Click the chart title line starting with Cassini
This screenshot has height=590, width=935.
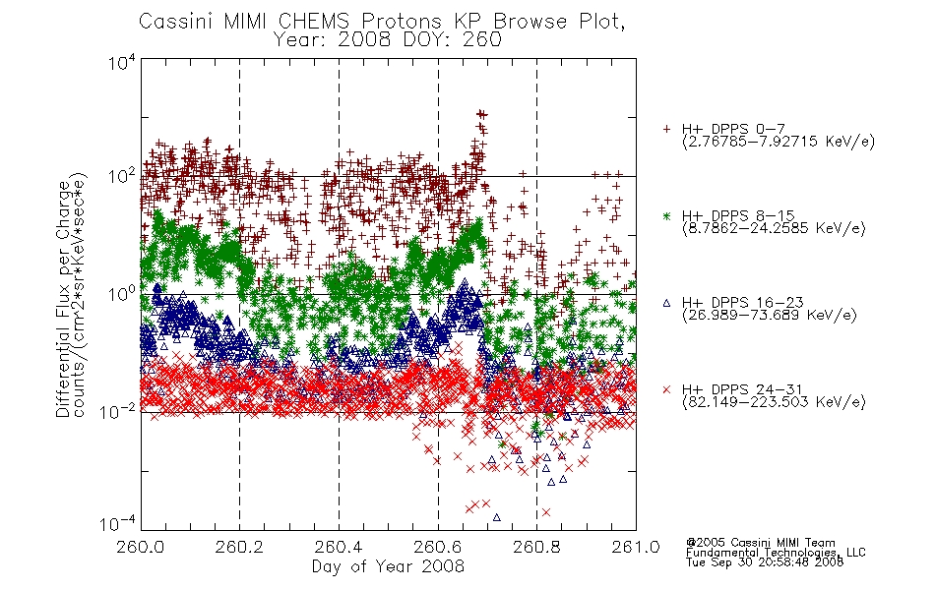point(382,22)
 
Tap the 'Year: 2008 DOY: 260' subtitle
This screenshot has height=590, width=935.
point(387,40)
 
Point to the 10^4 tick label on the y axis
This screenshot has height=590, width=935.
point(122,62)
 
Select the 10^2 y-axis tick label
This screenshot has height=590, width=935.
point(122,176)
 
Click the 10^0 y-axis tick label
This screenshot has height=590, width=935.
point(122,294)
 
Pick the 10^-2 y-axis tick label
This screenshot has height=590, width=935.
point(118,412)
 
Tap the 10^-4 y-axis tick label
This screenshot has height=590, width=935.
point(118,524)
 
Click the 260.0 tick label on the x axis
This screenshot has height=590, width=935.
point(141,547)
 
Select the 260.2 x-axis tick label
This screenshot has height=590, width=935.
point(240,547)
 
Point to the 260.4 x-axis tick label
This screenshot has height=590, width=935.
point(340,547)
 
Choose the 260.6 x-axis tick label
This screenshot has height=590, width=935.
point(438,547)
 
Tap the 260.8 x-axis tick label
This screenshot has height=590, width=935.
point(536,547)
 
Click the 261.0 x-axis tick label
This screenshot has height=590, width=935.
point(636,547)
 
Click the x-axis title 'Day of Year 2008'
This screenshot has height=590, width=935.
point(388,565)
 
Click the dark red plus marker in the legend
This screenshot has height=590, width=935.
point(666,129)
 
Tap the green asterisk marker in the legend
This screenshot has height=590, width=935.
point(666,216)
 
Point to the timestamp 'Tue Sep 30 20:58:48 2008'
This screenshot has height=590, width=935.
point(765,561)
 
